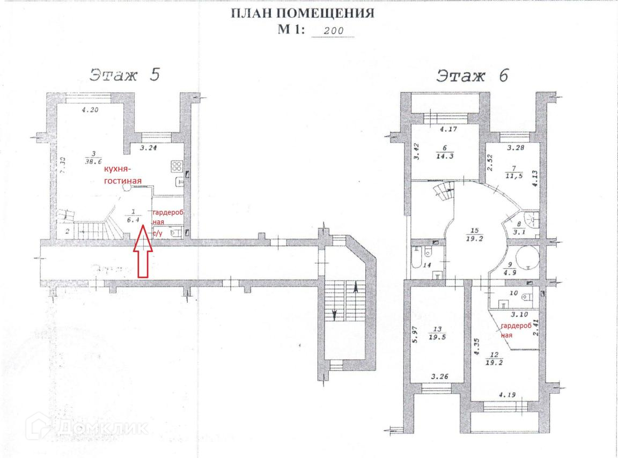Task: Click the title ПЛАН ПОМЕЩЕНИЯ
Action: [x=302, y=13]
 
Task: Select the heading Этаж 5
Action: [x=124, y=75]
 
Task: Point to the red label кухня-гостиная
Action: [x=122, y=175]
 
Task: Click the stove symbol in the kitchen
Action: [x=178, y=165]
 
